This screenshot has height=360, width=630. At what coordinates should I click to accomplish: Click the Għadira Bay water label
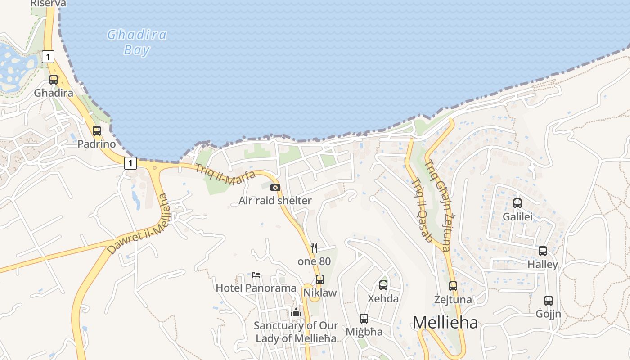click(137, 42)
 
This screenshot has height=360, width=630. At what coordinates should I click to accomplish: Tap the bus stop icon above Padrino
click(97, 131)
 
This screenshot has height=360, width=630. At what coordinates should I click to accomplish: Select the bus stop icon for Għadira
click(54, 80)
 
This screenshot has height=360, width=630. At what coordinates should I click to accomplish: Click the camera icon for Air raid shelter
click(275, 187)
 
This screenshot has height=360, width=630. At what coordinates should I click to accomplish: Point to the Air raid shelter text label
click(275, 201)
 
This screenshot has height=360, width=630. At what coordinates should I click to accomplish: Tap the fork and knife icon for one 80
click(314, 248)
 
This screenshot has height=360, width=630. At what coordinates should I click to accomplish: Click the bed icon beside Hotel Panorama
click(256, 274)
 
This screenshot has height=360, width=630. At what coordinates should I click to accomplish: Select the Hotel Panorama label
click(256, 288)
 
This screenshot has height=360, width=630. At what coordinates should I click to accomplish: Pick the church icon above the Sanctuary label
click(296, 312)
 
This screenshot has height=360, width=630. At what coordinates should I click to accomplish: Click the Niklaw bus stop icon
click(320, 279)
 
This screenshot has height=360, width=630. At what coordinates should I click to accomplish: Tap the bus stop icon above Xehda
click(383, 285)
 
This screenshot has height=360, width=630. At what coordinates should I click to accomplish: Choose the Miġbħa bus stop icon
click(364, 319)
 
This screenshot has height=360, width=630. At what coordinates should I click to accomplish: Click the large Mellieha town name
click(445, 322)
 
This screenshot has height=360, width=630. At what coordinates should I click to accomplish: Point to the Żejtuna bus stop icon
click(453, 286)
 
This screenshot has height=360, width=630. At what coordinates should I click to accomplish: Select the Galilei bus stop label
click(517, 217)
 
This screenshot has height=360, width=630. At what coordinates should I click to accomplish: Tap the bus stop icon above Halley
click(543, 251)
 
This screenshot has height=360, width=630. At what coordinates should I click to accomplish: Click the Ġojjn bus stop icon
click(548, 300)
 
